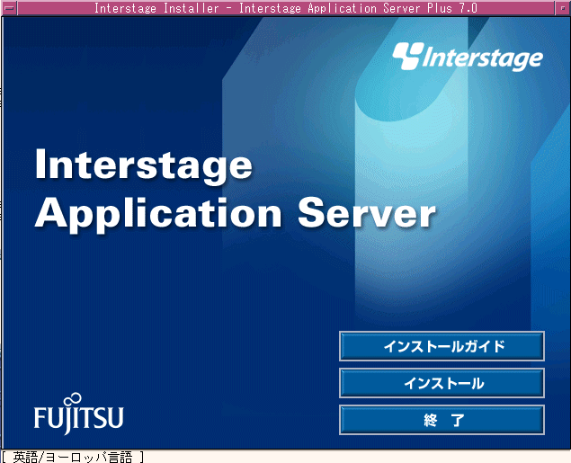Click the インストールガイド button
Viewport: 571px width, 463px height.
tap(442, 346)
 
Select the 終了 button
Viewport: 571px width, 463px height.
tap(442, 420)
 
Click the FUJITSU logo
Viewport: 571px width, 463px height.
tap(78, 414)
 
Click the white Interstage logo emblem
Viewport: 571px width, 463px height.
tap(408, 56)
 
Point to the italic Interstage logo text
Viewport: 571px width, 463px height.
tap(483, 58)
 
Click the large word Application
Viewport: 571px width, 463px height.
tap(158, 215)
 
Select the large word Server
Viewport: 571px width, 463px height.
tap(367, 212)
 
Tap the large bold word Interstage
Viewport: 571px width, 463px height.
tap(144, 166)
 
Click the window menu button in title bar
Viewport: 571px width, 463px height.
tap(9, 8)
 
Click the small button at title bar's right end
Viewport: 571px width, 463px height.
tap(563, 8)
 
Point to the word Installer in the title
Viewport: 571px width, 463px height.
tap(192, 8)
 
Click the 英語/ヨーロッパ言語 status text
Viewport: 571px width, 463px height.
tap(72, 457)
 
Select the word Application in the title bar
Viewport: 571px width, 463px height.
tap(342, 8)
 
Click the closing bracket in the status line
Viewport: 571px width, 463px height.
tap(142, 457)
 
